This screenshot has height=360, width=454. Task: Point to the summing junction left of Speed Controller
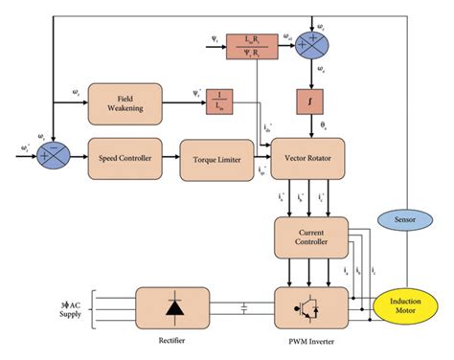click(x=49, y=154)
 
